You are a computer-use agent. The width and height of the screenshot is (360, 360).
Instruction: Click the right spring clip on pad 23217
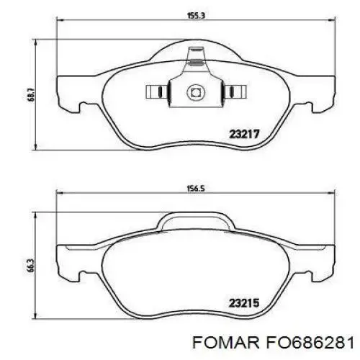point(233,92)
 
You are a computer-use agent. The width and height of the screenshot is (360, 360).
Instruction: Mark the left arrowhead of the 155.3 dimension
point(59,22)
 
